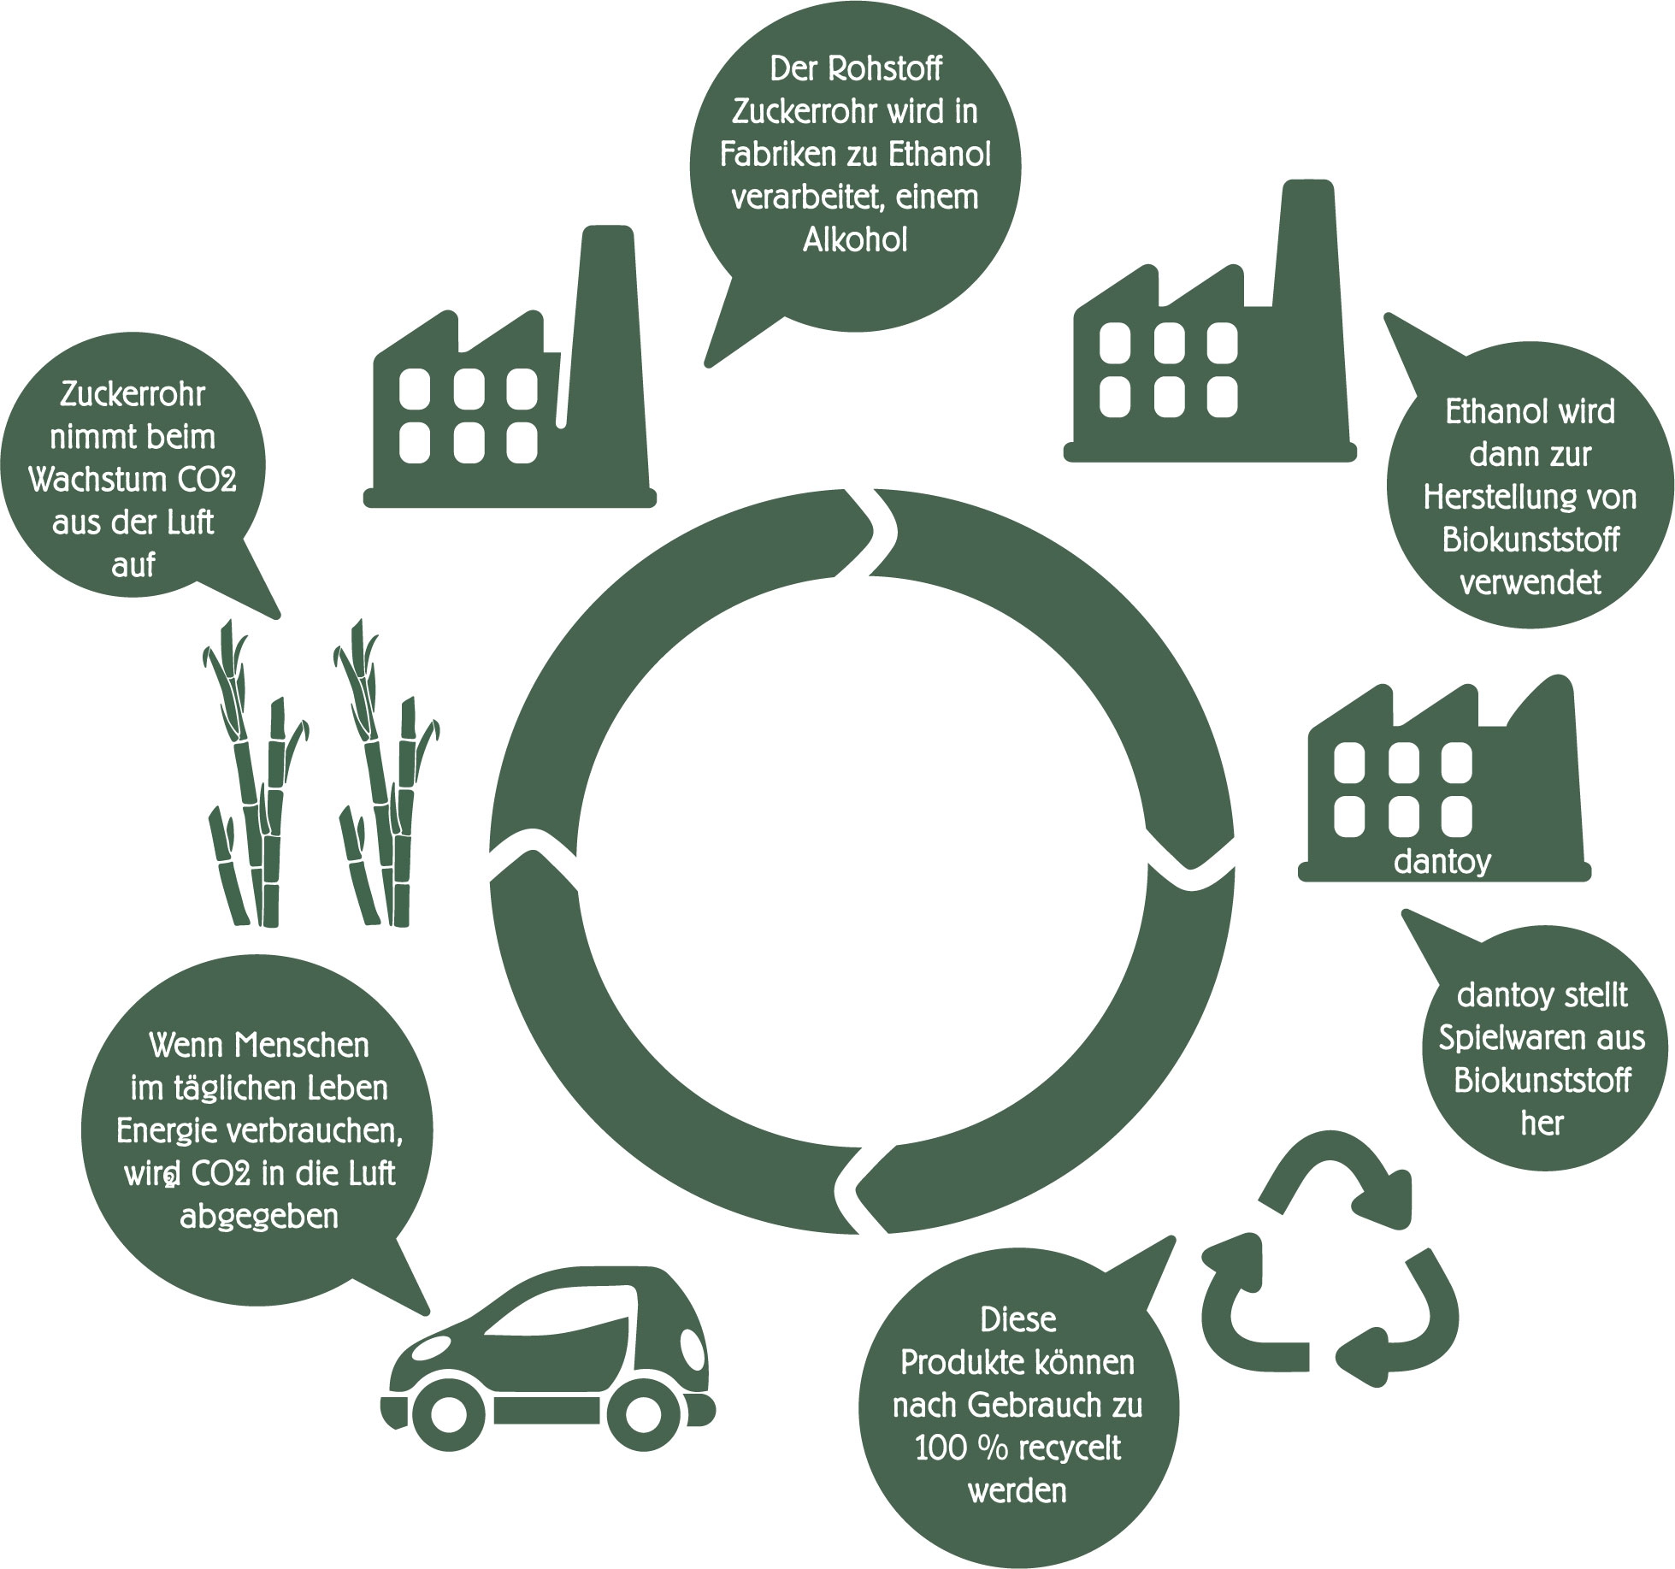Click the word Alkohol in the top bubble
coord(854,240)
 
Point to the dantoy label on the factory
coord(1442,861)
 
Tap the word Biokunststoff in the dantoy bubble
coord(1542,1081)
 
